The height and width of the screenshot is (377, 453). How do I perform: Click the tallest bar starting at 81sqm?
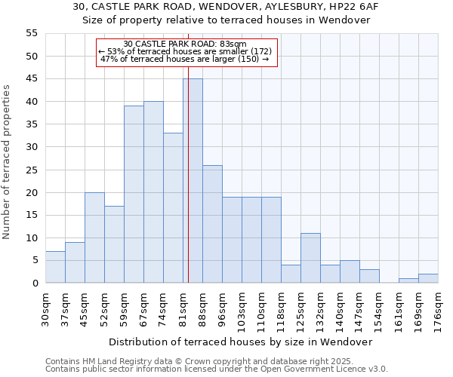pos(193,181)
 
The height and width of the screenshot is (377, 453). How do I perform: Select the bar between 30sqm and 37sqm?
pos(55,267)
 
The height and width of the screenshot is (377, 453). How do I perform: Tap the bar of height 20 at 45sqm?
pos(94,238)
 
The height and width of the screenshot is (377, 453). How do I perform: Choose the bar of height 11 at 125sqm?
pos(310,258)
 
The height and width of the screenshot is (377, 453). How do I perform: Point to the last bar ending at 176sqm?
pos(428,278)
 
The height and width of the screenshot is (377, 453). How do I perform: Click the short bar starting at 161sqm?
pos(408,280)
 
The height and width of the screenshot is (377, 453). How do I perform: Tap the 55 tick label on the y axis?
pos(32,33)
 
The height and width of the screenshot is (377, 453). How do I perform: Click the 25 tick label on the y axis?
pos(32,170)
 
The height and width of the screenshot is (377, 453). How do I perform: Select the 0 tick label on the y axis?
pos(35,283)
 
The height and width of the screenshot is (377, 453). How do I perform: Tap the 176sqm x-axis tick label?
pos(438,310)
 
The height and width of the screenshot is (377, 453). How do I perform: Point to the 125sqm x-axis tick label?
pos(300,310)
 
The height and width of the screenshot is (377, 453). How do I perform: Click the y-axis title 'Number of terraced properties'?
pos(7,162)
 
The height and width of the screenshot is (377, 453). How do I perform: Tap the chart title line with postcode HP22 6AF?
pos(226,7)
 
